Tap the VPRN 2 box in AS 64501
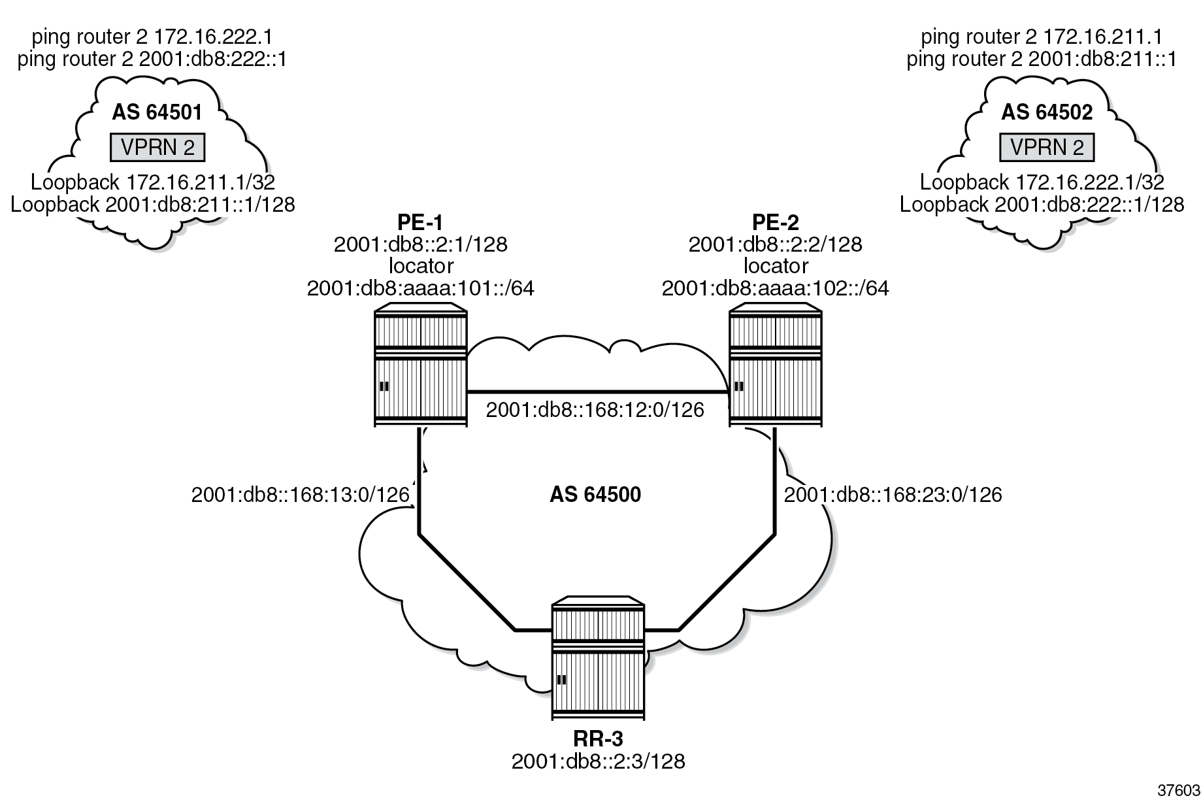[x=157, y=148]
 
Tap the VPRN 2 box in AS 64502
[x=1047, y=148]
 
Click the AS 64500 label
[x=595, y=495]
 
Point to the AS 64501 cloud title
[x=157, y=113]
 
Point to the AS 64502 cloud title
[x=1047, y=113]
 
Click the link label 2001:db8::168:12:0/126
[x=595, y=410]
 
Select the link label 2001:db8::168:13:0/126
[x=300, y=495]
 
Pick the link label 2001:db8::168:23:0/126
[x=893, y=495]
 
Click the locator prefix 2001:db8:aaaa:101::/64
[x=420, y=288]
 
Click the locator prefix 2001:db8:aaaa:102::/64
[x=775, y=288]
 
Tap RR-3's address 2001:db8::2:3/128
[x=598, y=761]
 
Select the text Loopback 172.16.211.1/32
[x=153, y=182]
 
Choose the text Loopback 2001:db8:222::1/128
[x=1042, y=205]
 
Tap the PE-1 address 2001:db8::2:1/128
[x=420, y=244]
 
